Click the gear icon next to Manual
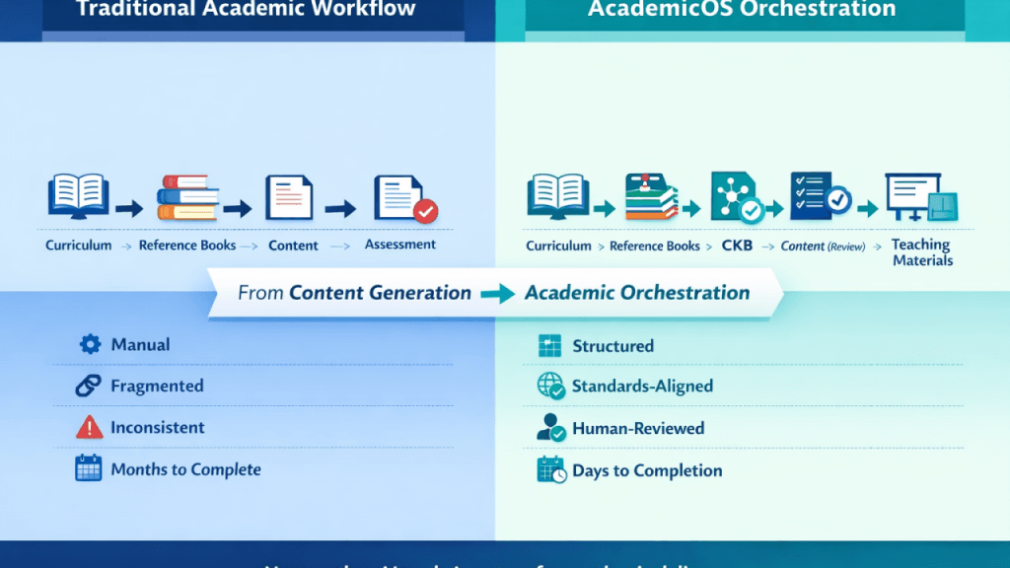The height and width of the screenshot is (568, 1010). coord(90,344)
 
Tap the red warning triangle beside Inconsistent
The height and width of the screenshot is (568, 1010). coord(89,427)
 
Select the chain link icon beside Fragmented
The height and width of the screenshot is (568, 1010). coord(89,386)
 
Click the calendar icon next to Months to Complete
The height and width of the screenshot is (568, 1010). coord(89,468)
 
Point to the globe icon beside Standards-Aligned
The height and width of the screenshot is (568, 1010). coord(550,387)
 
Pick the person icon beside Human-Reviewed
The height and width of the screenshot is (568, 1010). coord(550,428)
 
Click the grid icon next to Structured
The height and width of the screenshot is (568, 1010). coord(549,346)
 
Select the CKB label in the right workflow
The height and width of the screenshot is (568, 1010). coord(737,246)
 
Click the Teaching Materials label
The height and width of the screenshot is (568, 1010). coord(922,252)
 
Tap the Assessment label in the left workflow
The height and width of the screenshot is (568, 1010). coord(400,244)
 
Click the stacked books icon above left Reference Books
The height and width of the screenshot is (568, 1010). coord(187,197)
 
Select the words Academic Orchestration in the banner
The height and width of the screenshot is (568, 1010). coord(637,293)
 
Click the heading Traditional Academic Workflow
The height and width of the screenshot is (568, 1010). coord(246,10)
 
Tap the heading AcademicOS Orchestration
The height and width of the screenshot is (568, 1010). coord(742,10)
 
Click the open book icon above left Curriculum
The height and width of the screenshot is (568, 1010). coord(78,195)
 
